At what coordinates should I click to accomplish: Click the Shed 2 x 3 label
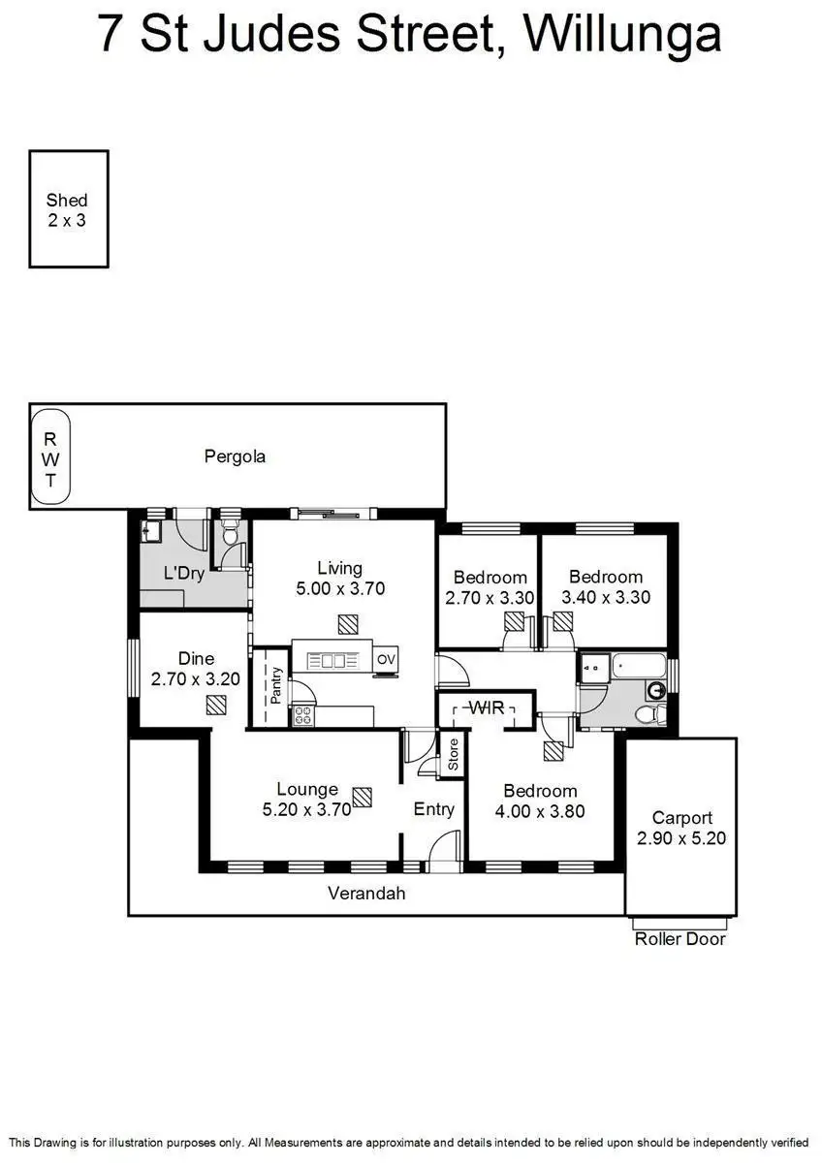[x=67, y=209]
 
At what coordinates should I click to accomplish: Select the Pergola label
[x=235, y=456]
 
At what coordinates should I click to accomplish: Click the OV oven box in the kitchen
[x=386, y=660]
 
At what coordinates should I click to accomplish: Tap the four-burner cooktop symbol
[x=302, y=716]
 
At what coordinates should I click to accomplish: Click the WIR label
[x=486, y=708]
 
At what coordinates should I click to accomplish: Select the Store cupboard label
[x=453, y=755]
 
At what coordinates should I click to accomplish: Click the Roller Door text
[x=680, y=938]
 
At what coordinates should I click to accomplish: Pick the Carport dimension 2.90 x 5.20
[x=681, y=838]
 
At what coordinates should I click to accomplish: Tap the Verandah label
[x=366, y=894]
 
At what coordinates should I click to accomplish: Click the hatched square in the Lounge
[x=362, y=797]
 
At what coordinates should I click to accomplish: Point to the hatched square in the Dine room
[x=215, y=707]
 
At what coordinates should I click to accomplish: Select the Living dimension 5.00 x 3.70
[x=339, y=588]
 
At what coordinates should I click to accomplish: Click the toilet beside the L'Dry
[x=231, y=534]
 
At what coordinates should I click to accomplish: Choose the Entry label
[x=433, y=809]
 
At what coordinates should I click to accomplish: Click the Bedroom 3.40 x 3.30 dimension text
[x=606, y=598]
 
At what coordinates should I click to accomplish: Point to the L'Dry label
[x=183, y=573]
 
